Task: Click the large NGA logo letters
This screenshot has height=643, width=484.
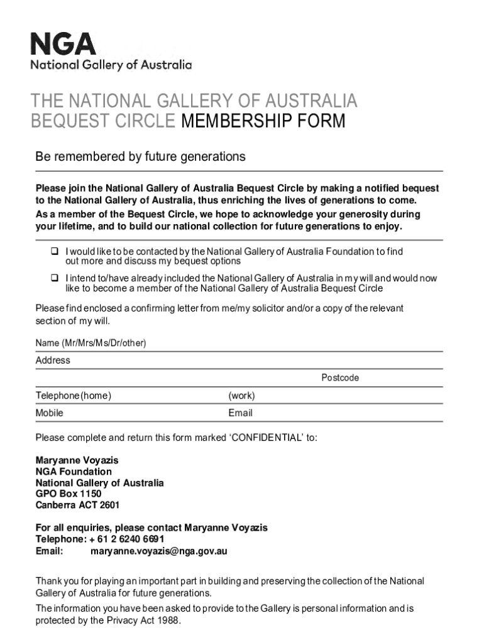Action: pyautogui.click(x=63, y=45)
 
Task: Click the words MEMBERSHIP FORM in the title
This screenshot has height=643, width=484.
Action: pyautogui.click(x=263, y=121)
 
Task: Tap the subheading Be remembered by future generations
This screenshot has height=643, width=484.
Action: pyautogui.click(x=140, y=156)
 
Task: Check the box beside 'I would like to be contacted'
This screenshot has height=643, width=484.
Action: pyautogui.click(x=55, y=251)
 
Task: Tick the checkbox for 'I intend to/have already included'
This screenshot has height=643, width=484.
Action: pyautogui.click(x=55, y=278)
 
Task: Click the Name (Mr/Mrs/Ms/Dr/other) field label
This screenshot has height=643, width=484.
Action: pyautogui.click(x=91, y=343)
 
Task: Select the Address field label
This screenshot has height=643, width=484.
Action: pyautogui.click(x=53, y=360)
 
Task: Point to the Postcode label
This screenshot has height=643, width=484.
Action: pyautogui.click(x=340, y=378)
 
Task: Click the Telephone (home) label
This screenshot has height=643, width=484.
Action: pyautogui.click(x=74, y=396)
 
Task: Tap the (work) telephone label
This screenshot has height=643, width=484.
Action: pyautogui.click(x=241, y=396)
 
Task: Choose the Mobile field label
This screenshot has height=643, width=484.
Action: pyautogui.click(x=49, y=413)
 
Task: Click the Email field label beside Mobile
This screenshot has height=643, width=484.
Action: pyautogui.click(x=240, y=413)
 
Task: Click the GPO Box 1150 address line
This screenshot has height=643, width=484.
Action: pyautogui.click(x=68, y=494)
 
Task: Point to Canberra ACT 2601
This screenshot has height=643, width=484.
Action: pyautogui.click(x=77, y=505)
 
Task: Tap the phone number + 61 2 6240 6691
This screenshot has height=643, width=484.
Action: pyautogui.click(x=127, y=539)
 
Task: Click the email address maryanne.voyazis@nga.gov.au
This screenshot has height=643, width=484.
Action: pyautogui.click(x=158, y=551)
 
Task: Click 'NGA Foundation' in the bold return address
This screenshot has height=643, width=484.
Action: pyautogui.click(x=73, y=472)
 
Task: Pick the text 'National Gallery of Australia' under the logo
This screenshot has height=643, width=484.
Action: pyautogui.click(x=111, y=65)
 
